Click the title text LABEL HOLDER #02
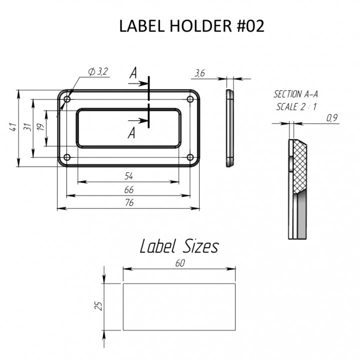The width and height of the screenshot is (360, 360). point(191,26)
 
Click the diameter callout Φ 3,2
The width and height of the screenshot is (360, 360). point(98,71)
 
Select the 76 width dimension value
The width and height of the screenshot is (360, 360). point(129,203)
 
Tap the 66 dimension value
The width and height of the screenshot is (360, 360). point(129,190)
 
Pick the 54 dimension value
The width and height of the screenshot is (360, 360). point(129,176)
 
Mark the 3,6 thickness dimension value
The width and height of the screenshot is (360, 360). point(199,73)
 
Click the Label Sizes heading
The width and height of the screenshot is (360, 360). point(178,246)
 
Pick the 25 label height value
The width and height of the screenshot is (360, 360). point(98,305)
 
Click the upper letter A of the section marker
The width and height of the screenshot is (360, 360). point(133,73)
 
